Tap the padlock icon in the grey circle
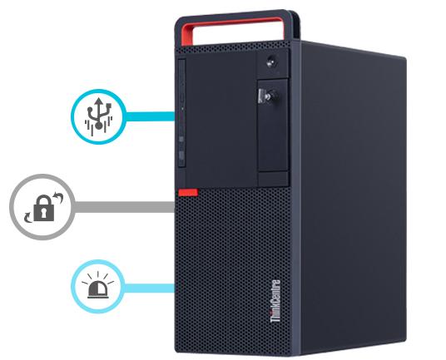coord(44,208)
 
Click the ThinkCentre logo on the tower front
coord(275,301)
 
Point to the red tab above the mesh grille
coord(188,193)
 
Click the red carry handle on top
coord(233,28)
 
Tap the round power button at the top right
coord(271,62)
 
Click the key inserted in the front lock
coord(267,96)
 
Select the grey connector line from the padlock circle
coord(124,207)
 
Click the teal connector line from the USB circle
coord(150,116)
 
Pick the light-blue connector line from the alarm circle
coord(149,288)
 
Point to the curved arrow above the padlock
coord(58,197)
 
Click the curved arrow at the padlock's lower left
coord(28,216)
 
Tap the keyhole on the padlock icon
coord(44,213)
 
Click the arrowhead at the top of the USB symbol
coord(98,101)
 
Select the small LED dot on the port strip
coord(182,108)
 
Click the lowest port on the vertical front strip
coord(181,155)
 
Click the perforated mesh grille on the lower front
coord(232,270)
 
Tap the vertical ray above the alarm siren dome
coord(98,274)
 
